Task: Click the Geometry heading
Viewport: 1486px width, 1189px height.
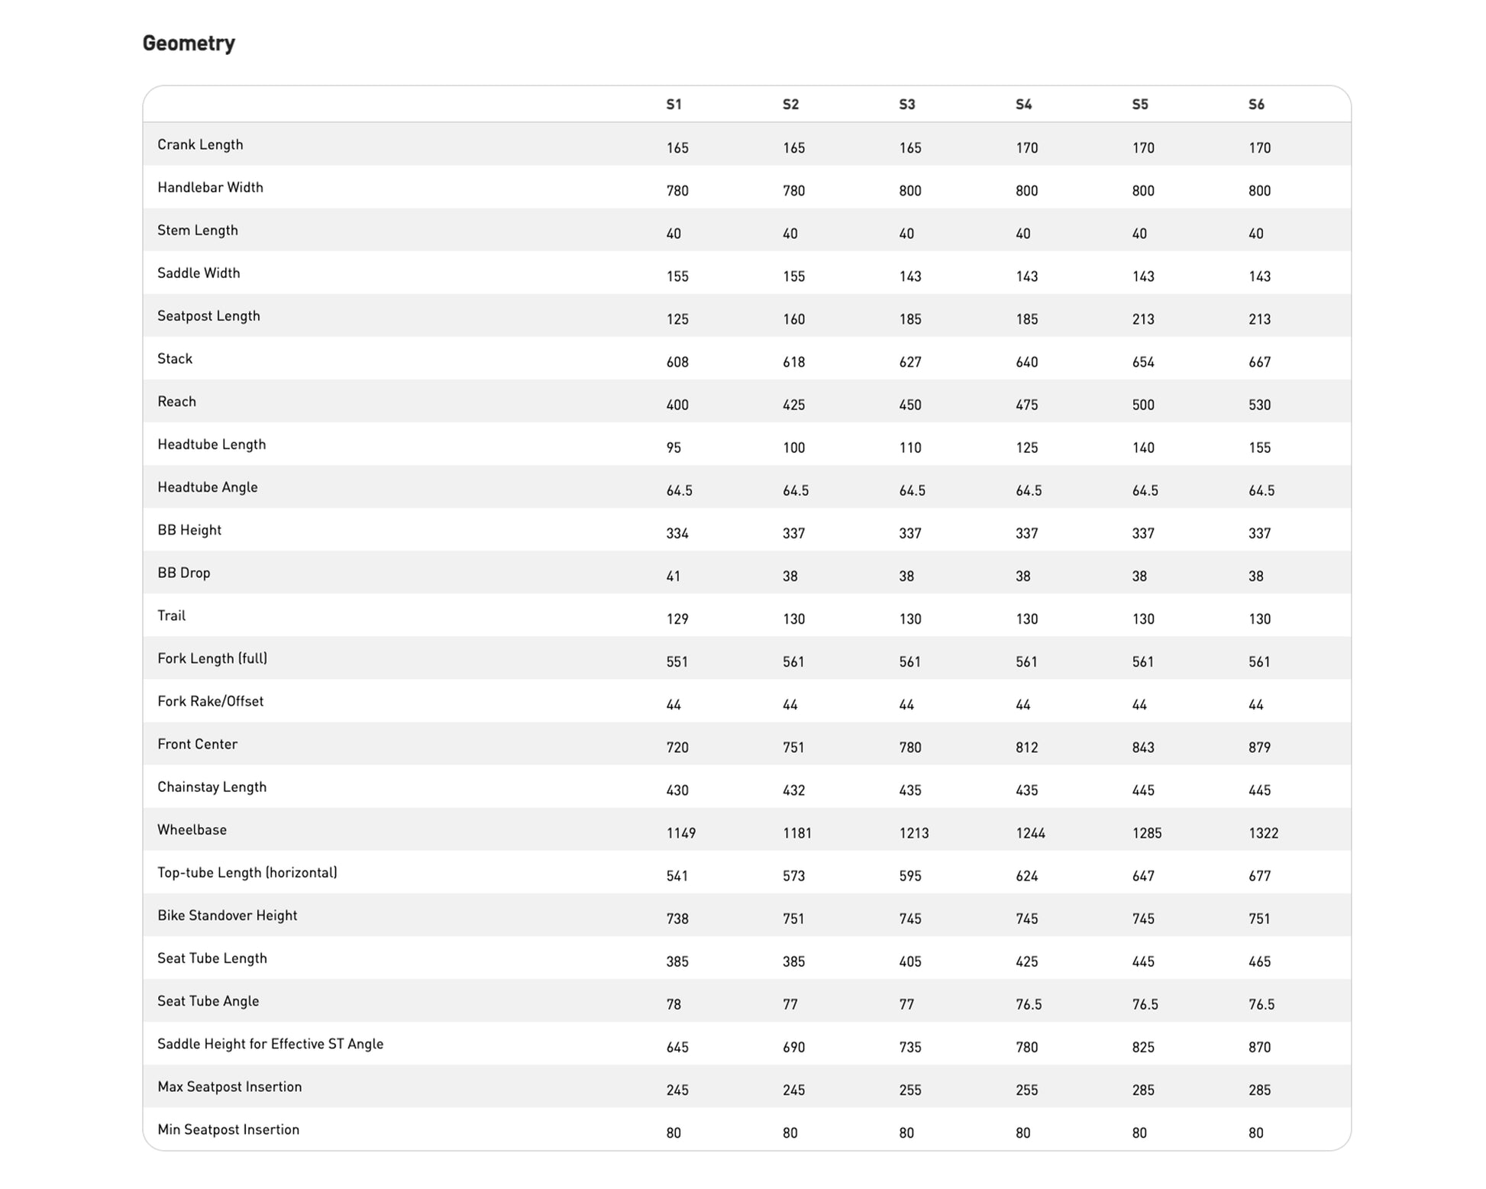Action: click(189, 44)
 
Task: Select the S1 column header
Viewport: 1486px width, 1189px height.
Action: click(674, 105)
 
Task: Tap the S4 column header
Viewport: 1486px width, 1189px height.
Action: click(1023, 105)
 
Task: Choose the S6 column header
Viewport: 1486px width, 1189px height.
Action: click(1256, 105)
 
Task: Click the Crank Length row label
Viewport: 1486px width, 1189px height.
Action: click(200, 145)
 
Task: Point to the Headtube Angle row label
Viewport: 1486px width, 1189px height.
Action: click(208, 487)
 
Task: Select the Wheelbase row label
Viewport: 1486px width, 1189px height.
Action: click(192, 830)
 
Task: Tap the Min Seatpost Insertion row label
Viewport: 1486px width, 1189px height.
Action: click(228, 1129)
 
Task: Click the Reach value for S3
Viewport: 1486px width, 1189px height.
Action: click(910, 405)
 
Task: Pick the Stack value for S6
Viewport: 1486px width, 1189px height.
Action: click(1259, 362)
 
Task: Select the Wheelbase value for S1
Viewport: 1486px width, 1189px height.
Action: click(680, 833)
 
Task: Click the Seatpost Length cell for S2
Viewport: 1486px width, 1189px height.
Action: click(793, 319)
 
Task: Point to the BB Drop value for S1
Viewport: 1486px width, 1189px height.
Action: click(673, 577)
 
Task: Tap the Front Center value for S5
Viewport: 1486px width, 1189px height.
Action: click(1143, 748)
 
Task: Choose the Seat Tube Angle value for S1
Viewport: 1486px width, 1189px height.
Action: click(673, 1004)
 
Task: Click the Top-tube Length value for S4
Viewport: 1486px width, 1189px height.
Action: click(1026, 876)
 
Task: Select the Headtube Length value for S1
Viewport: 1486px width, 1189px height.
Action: click(673, 447)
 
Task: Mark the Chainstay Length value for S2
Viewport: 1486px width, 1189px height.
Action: click(793, 790)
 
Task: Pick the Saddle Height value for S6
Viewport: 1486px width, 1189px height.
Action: click(1259, 1047)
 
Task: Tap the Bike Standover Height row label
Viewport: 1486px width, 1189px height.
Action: click(227, 916)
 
